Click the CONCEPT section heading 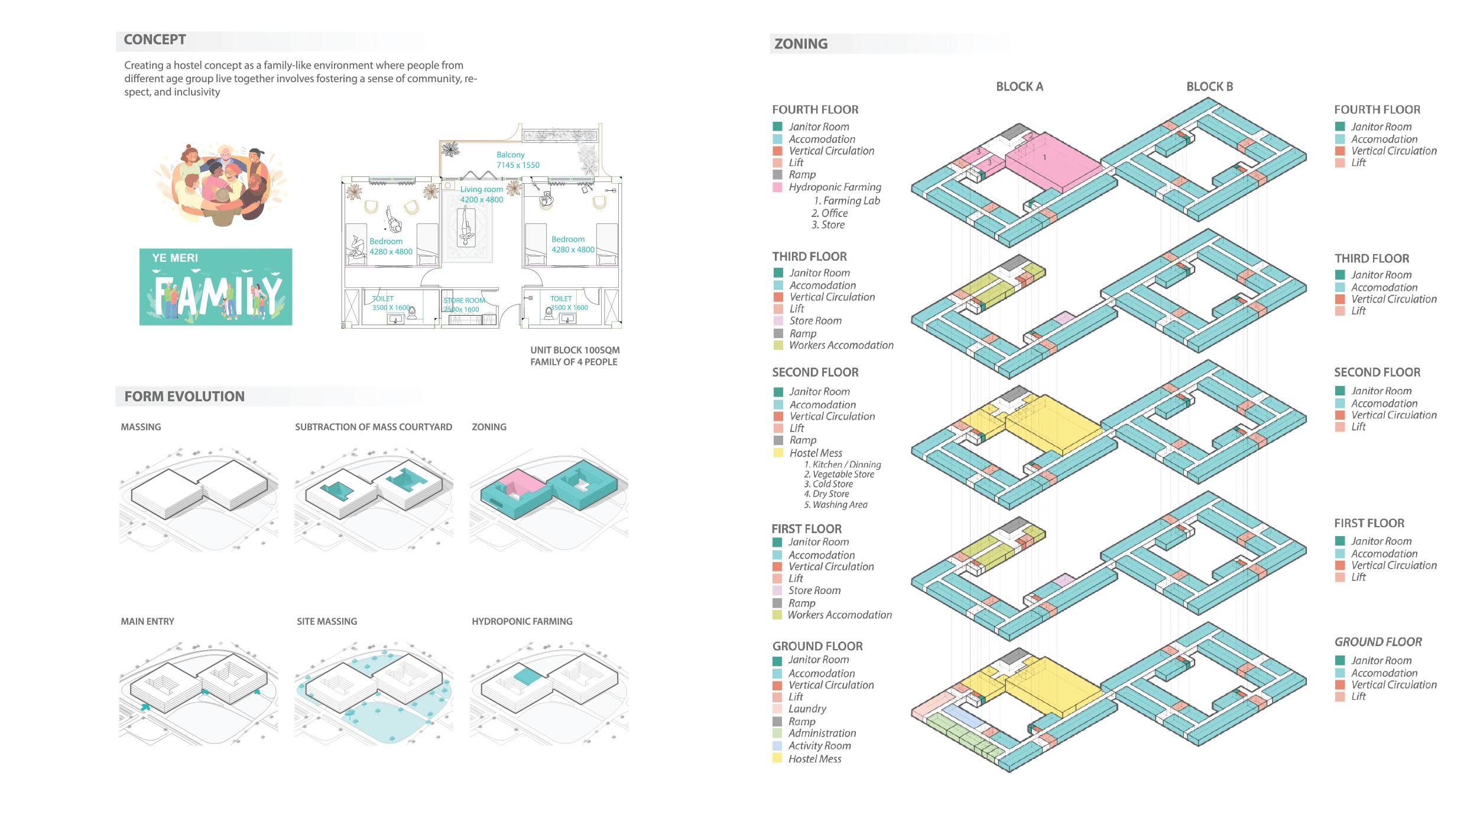pos(155,40)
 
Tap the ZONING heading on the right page pos(801,44)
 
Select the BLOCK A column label pos(1020,87)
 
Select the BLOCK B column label pos(1209,87)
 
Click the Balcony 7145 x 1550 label pos(517,160)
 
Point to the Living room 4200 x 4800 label pos(482,194)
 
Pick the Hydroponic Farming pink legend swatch pos(778,187)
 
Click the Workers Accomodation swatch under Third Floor pos(778,345)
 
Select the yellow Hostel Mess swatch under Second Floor pos(778,453)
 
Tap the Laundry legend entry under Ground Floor pos(807,709)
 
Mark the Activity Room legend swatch pos(777,746)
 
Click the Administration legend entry pos(822,733)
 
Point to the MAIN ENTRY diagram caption pos(148,621)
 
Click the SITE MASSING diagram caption pos(327,621)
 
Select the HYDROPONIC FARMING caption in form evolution pos(522,621)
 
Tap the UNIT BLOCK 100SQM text pos(575,351)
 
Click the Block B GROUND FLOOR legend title pos(1378,642)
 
